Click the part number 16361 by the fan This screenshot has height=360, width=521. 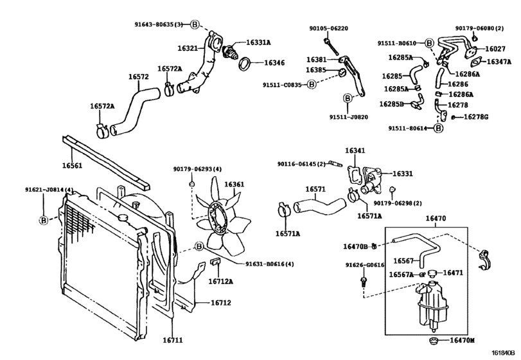[234, 184]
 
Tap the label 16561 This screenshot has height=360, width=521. [72, 165]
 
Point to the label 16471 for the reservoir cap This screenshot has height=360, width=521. [453, 273]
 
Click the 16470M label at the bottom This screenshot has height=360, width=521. [462, 340]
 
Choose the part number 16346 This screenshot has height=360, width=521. [274, 63]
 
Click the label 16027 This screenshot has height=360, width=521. [495, 48]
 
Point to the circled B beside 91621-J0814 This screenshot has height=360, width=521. [44, 220]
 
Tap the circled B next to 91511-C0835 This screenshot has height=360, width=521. [311, 84]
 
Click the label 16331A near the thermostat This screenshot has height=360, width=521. [259, 42]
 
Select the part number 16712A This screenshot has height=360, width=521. [220, 281]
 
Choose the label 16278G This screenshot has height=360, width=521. [476, 116]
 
